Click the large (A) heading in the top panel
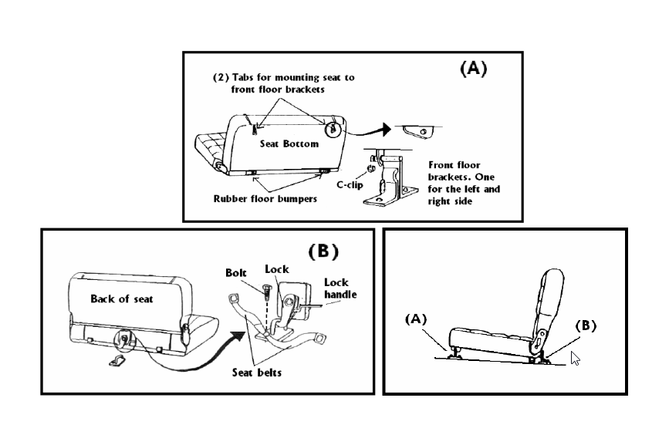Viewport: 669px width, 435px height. click(473, 69)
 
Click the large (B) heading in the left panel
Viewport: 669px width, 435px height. click(323, 251)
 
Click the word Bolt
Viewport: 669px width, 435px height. click(237, 273)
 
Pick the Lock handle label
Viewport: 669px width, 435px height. click(336, 288)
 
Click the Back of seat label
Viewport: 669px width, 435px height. click(121, 299)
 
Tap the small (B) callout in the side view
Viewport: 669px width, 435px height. click(588, 325)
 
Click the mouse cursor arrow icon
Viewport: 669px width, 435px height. click(575, 359)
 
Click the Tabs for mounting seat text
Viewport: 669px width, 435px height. click(285, 83)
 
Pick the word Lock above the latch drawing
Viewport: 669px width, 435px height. click(276, 270)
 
